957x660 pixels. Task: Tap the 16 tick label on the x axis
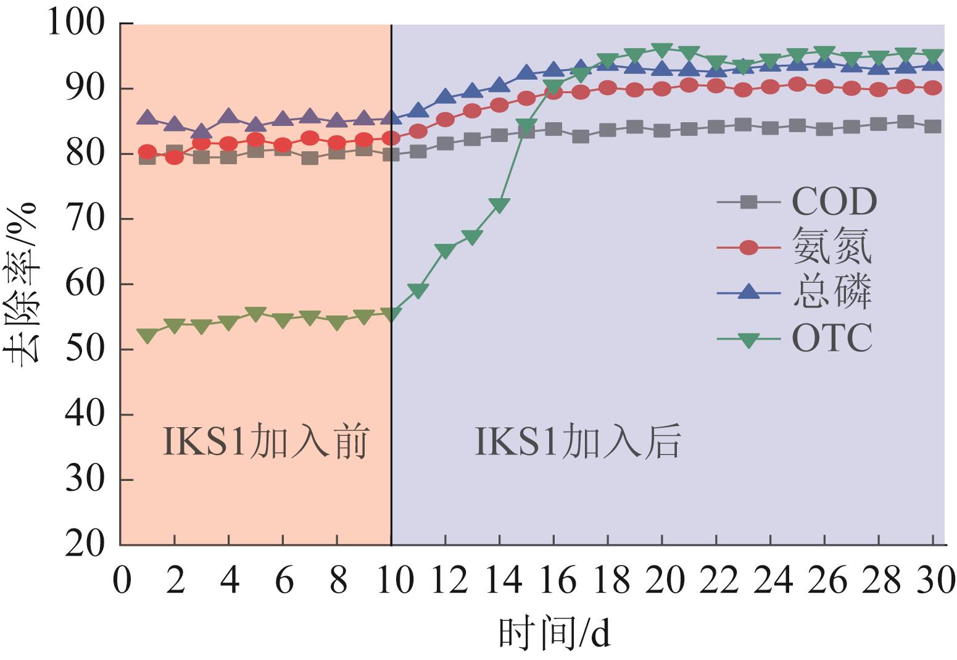(553, 582)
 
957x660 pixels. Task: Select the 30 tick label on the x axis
(932, 582)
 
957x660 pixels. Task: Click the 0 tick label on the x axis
(122, 582)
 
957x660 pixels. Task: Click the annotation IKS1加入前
(266, 443)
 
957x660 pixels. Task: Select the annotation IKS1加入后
(578, 443)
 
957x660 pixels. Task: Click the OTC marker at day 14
(499, 206)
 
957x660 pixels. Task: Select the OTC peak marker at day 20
(661, 50)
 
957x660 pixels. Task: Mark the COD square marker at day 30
(933, 127)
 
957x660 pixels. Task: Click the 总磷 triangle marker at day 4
(228, 115)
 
